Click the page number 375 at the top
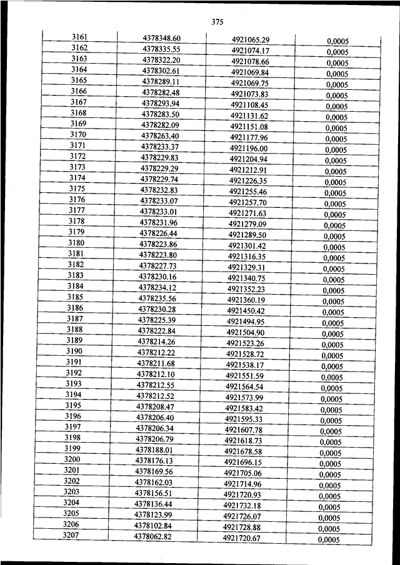point(217,22)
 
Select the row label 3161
point(79,37)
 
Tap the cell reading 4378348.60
point(162,38)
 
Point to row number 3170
point(78,134)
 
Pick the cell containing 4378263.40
point(160,135)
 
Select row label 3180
point(76,242)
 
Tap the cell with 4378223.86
point(158,244)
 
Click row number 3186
point(75,307)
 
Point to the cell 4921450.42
point(246,311)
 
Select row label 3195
point(74,405)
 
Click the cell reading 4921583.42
point(244,408)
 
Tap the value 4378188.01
point(154,450)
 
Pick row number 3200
point(72,459)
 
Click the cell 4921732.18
point(242,506)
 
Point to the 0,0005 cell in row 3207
point(329,539)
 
